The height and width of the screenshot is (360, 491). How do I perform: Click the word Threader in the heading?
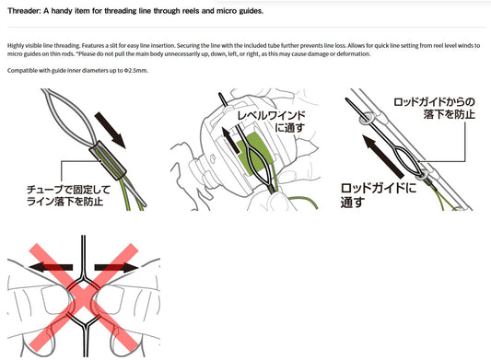coord(22,11)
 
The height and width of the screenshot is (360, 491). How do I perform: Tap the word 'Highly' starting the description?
coord(15,46)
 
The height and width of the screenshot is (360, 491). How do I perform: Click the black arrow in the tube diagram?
coord(110,130)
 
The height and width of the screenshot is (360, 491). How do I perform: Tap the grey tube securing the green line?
coord(108,160)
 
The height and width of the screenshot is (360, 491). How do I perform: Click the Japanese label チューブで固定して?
coord(68,190)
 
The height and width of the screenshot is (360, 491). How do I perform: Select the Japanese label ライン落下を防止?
coord(64,202)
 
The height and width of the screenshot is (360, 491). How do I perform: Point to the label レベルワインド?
coord(271,115)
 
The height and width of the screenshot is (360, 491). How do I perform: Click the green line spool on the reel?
coord(252,154)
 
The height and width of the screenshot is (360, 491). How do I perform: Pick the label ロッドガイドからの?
coord(434,102)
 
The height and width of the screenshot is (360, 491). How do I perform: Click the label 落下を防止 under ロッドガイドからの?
coord(449,114)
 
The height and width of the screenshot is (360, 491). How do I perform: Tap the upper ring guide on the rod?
coord(366,119)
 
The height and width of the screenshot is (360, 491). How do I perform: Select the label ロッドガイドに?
coord(379,189)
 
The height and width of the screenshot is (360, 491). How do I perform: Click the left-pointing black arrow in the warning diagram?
coord(51,267)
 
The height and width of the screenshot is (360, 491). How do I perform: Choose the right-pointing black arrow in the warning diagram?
coord(116,267)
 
